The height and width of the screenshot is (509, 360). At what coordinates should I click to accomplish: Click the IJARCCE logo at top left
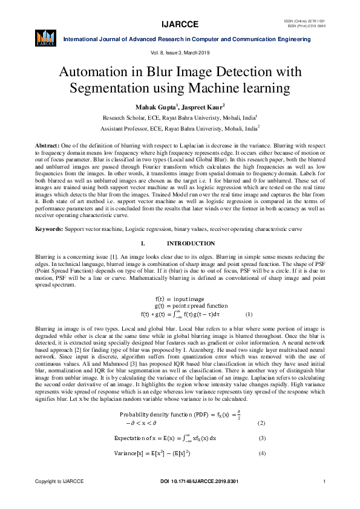46,37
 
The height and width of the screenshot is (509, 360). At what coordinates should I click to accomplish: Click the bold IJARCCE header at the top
180,25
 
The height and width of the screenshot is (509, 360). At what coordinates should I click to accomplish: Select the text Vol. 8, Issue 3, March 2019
180,54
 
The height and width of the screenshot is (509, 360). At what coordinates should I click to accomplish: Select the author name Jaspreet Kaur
203,107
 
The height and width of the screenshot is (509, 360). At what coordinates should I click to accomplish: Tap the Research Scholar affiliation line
180,118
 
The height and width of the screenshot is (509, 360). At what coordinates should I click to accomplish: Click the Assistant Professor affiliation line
180,129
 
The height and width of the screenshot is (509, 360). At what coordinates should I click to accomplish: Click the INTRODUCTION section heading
191,244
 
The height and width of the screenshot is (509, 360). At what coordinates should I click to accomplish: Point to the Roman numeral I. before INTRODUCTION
143,244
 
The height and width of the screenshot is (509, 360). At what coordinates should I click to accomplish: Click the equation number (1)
249,314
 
